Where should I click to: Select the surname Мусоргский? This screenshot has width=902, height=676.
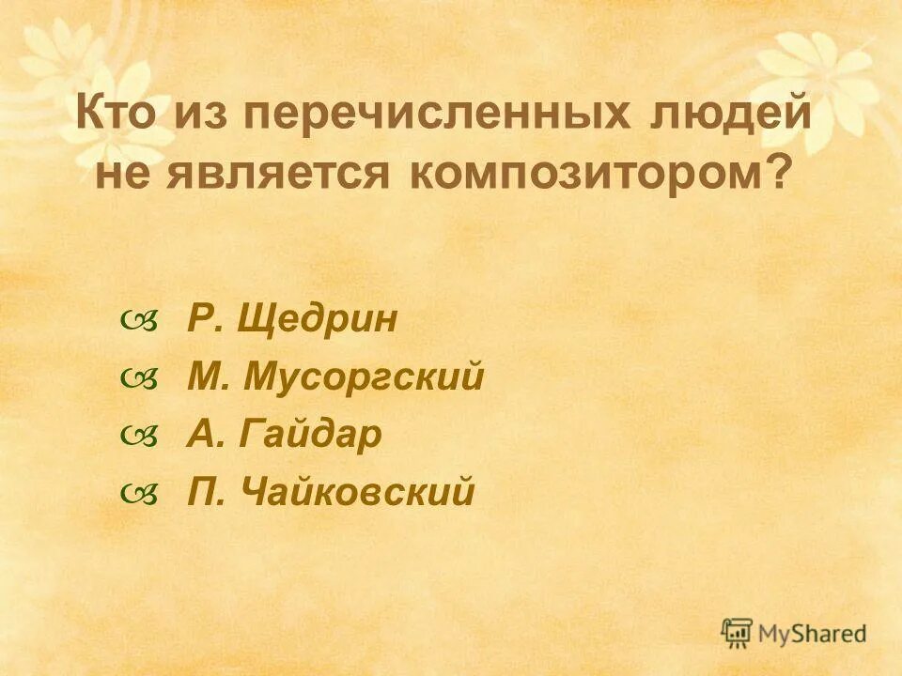pos(364,377)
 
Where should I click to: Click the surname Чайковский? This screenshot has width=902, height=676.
pos(358,491)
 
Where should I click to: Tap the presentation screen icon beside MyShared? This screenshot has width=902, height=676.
pos(737,631)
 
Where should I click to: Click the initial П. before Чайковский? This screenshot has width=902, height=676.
pos(205,491)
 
